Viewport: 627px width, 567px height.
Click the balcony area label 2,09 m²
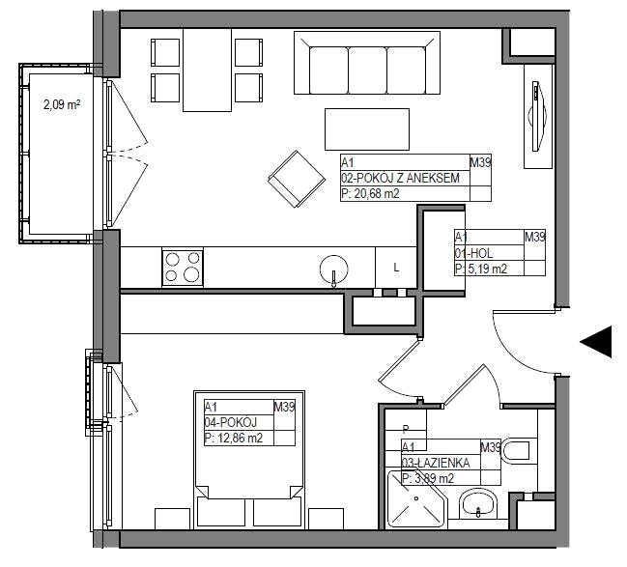[x=62, y=105]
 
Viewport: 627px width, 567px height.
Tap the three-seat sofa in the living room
[x=367, y=63]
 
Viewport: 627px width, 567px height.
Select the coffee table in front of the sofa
[x=367, y=129]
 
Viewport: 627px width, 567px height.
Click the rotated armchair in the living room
[x=297, y=179]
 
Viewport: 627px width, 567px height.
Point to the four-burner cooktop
[x=183, y=268]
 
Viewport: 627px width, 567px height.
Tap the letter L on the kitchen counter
[x=396, y=268]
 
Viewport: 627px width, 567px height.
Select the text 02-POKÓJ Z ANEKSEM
[x=400, y=178]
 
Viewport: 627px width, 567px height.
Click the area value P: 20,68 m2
[x=370, y=194]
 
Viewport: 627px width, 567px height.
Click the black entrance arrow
[x=596, y=342]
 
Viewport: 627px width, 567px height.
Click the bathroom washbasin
[x=478, y=504]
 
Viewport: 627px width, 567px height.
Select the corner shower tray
[x=416, y=499]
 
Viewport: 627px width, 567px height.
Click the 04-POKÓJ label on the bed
[x=231, y=422]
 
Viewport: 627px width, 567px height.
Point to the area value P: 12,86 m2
[x=234, y=439]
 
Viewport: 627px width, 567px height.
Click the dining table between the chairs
[x=207, y=70]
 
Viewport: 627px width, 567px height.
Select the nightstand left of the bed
[x=172, y=519]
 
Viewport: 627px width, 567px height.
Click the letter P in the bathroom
[x=406, y=430]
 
